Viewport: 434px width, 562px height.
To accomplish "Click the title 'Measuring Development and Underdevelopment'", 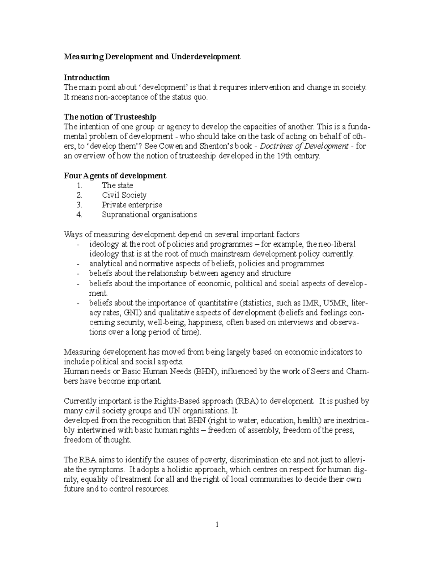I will (152, 57).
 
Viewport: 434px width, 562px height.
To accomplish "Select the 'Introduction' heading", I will (87, 77).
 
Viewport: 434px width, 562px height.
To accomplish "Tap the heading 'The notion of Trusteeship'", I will (110, 117).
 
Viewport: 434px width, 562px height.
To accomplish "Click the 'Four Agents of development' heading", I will (115, 176).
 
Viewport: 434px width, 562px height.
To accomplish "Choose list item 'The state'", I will (117, 186).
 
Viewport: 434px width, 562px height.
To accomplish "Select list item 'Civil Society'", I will (124, 195).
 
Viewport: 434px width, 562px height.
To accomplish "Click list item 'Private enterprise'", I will (132, 205).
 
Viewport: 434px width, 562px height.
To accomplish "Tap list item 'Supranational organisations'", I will (149, 215).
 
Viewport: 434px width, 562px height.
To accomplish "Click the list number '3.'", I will (80, 205).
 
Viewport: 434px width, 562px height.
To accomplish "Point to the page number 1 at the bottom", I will (217, 525).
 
